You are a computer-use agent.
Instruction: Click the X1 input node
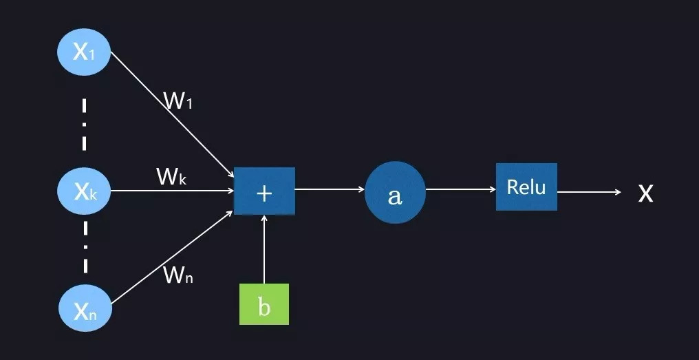pyautogui.click(x=84, y=53)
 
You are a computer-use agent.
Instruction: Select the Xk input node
pyautogui.click(x=84, y=191)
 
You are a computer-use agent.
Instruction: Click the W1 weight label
pyautogui.click(x=178, y=102)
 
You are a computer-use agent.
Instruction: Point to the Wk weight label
pyautogui.click(x=171, y=177)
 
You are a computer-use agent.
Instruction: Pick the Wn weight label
pyautogui.click(x=178, y=275)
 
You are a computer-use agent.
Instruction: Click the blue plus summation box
pyautogui.click(x=264, y=191)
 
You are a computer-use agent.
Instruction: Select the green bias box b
pyautogui.click(x=264, y=304)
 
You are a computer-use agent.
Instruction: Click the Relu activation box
pyautogui.click(x=526, y=187)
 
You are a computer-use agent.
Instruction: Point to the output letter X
pyautogui.click(x=645, y=193)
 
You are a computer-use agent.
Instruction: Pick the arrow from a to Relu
pyautogui.click(x=460, y=189)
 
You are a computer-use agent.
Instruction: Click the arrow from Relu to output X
pyautogui.click(x=588, y=192)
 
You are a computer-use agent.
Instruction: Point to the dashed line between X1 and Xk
pyautogui.click(x=84, y=124)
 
